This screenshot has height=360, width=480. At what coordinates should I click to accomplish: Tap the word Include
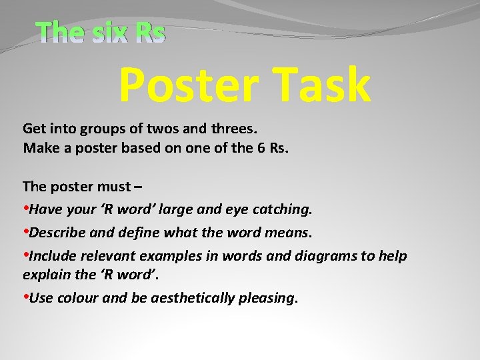[51, 257]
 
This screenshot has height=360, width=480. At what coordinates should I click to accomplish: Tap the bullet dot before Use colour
[25, 298]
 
